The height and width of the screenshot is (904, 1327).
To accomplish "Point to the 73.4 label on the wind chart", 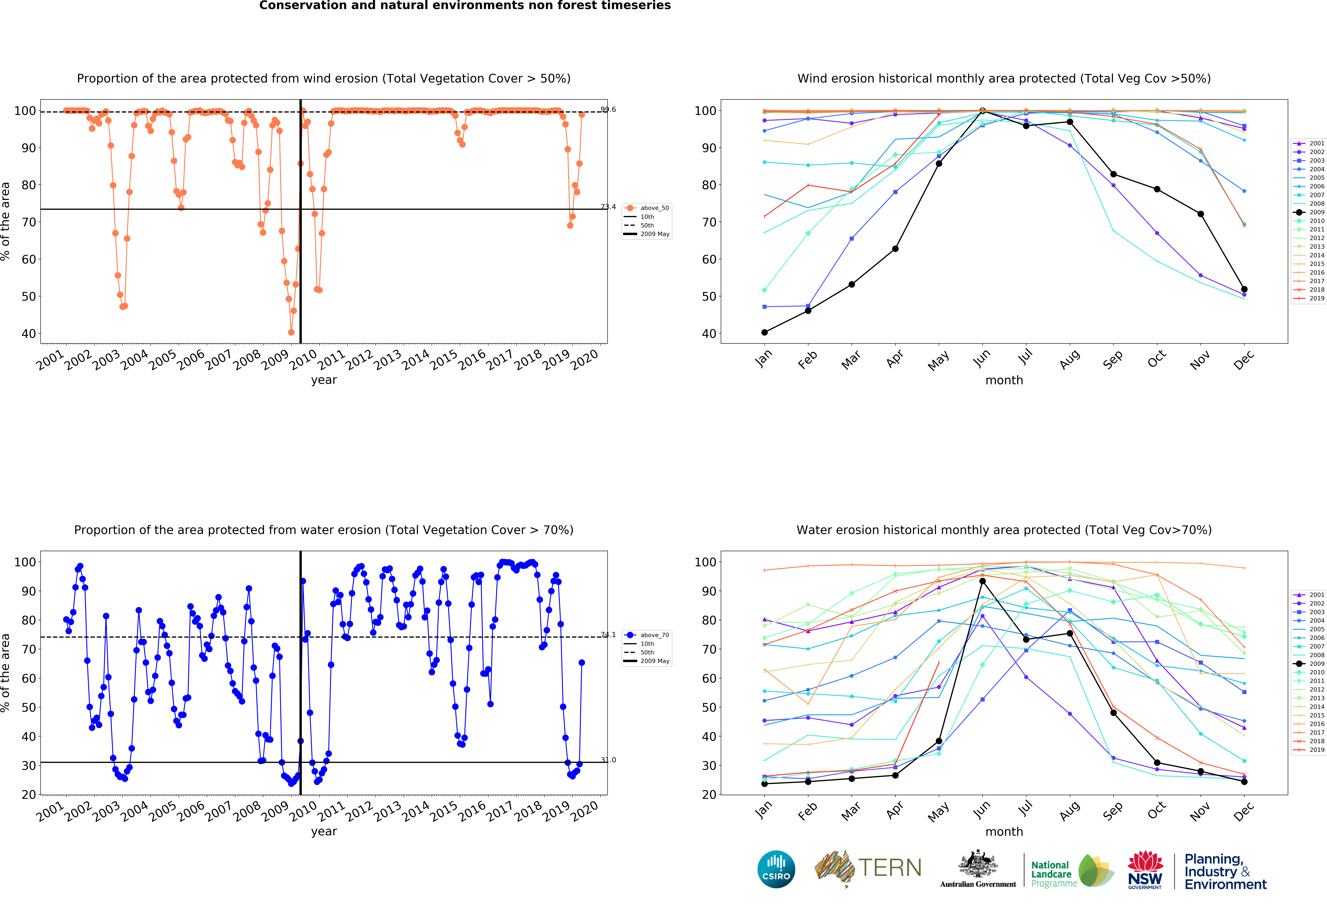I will [608, 207].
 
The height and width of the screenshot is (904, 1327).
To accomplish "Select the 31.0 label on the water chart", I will [608, 760].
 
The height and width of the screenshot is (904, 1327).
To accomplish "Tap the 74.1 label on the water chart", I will [608, 635].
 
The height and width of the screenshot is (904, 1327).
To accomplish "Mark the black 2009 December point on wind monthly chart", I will [1244, 289].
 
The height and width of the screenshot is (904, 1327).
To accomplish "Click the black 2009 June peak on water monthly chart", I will [982, 581].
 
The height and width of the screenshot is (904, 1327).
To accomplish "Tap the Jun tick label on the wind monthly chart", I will [982, 358].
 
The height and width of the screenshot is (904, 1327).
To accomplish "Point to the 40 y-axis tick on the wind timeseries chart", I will [29, 333].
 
